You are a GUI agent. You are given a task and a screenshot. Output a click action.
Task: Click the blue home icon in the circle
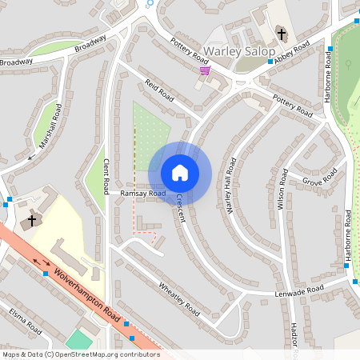point(180,172)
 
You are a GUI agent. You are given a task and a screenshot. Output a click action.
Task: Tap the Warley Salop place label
point(239,52)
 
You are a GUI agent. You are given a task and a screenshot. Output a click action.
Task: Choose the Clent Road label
point(106,176)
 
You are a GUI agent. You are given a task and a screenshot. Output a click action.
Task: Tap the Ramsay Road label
point(142,194)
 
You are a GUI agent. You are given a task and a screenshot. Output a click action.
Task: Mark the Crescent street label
point(180,210)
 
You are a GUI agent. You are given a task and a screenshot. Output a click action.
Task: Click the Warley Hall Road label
point(231,186)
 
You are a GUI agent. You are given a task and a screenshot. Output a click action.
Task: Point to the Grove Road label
point(320,179)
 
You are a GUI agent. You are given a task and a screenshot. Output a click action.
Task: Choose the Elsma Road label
point(25,322)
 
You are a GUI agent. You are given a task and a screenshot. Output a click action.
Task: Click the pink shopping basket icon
point(206,71)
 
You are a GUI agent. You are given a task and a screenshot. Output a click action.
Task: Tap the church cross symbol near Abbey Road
point(281,34)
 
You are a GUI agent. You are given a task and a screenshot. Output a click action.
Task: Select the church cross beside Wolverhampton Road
point(33,220)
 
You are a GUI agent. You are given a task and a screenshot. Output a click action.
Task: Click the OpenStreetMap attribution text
point(80,354)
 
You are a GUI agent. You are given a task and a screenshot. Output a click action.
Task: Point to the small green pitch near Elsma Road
point(79,339)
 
